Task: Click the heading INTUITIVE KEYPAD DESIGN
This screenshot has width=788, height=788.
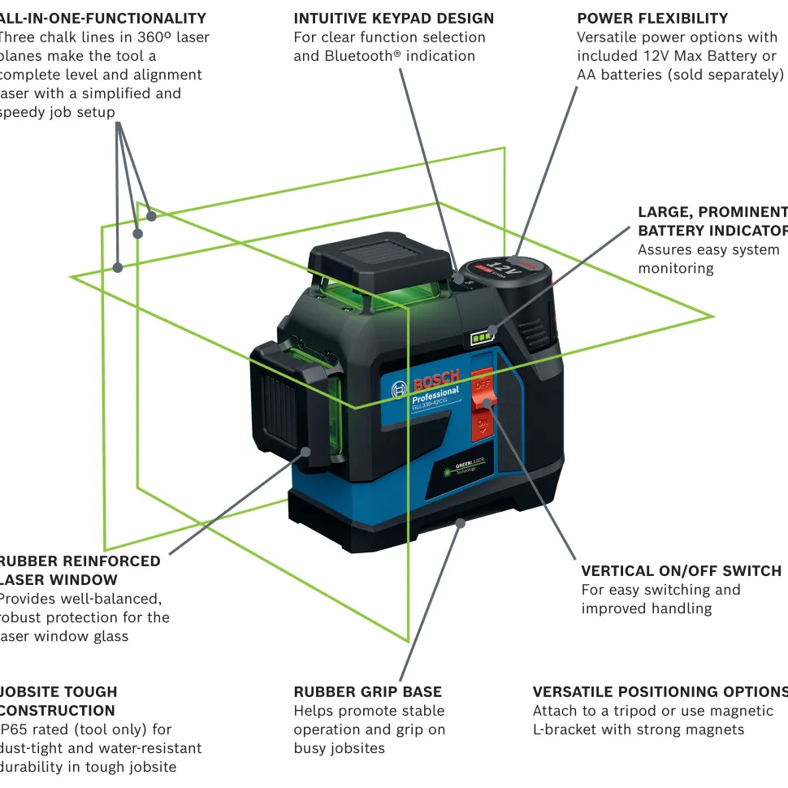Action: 393,18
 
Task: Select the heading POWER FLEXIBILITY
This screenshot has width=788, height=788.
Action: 652,18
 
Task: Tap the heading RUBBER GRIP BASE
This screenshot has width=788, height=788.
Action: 367,692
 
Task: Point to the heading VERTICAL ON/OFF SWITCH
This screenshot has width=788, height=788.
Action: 681,571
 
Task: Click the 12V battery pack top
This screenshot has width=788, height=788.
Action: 505,269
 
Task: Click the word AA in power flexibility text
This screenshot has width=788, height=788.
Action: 587,75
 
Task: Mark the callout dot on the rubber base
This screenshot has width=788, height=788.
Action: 461,522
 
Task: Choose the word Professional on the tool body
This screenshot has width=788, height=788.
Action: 435,396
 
